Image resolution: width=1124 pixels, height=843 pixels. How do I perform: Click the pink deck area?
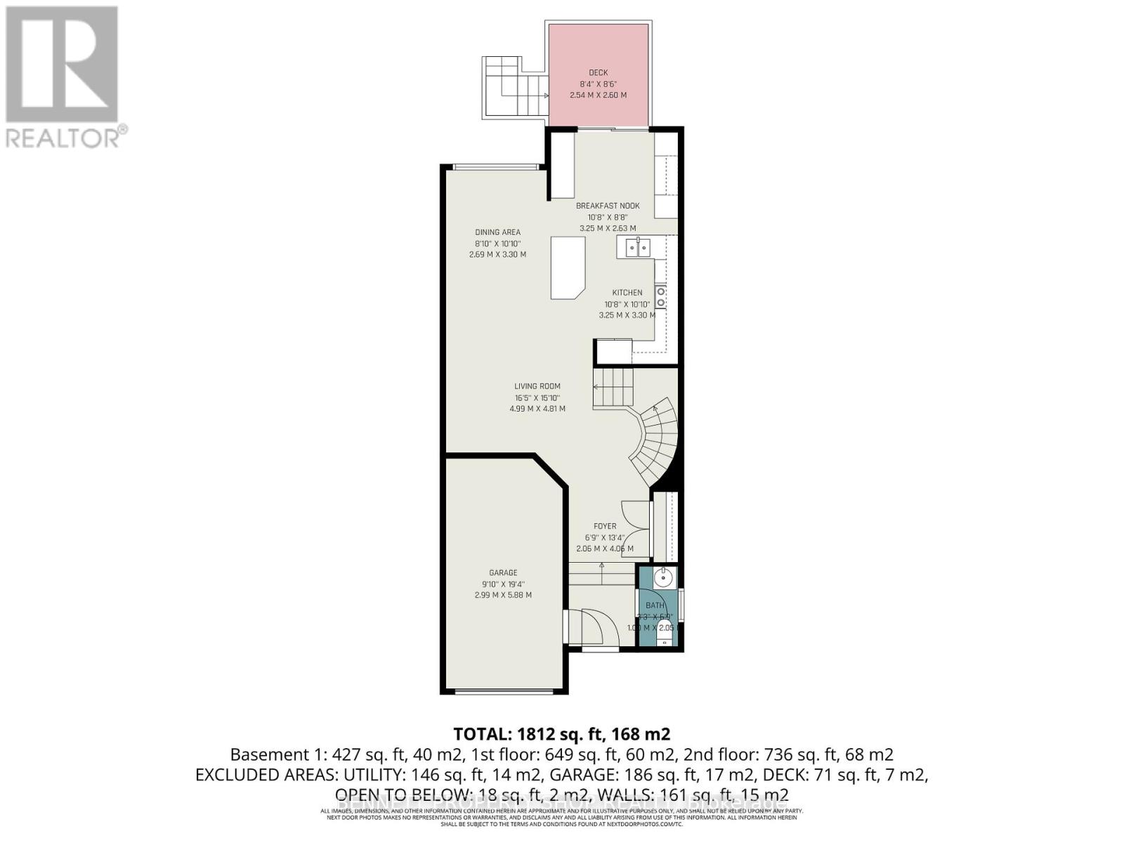599,105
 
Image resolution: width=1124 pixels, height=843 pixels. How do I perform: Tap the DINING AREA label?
497,233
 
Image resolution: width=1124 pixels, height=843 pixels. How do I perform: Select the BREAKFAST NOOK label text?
608,206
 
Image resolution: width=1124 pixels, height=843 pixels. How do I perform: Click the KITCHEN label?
627,293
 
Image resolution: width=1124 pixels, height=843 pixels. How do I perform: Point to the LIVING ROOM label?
537,386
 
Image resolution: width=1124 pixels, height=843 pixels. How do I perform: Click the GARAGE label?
503,573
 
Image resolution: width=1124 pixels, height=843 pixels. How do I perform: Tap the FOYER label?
605,526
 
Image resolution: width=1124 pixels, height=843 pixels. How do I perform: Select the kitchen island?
568,267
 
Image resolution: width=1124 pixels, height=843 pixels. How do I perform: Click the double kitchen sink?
638,247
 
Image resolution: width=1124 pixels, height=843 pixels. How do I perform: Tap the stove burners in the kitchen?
661,296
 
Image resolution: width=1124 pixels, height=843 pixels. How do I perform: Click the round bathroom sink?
662,578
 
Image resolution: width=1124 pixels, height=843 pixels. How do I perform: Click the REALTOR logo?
63,77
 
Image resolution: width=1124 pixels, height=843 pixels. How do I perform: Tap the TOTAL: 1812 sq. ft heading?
562,734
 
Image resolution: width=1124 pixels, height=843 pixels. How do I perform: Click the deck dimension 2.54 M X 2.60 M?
599,95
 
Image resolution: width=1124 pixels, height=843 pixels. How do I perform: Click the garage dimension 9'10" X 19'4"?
503,584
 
